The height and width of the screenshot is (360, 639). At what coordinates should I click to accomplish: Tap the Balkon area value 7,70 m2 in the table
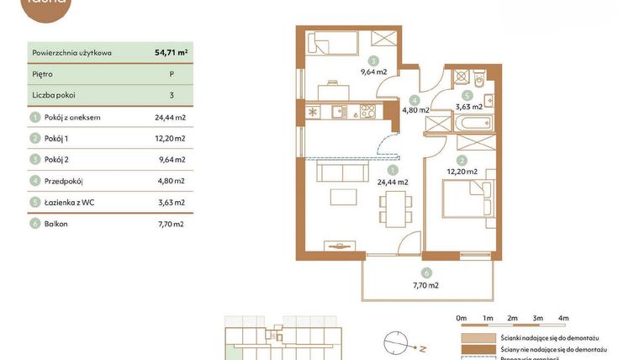pyautogui.click(x=171, y=224)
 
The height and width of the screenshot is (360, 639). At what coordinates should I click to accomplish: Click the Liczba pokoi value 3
pyautogui.click(x=171, y=95)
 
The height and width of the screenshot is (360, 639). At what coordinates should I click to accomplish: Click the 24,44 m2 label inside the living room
pyautogui.click(x=392, y=181)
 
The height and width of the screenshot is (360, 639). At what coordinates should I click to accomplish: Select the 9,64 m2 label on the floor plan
pyautogui.click(x=373, y=71)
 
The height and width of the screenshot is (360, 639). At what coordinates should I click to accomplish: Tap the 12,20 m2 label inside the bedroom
pyautogui.click(x=462, y=171)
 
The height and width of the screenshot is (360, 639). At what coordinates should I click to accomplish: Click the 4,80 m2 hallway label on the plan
pyautogui.click(x=416, y=109)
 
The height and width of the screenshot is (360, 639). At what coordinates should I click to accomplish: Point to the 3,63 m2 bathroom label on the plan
pyautogui.click(x=468, y=107)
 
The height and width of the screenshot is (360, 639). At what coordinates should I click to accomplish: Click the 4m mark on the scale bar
pyautogui.click(x=563, y=318)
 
